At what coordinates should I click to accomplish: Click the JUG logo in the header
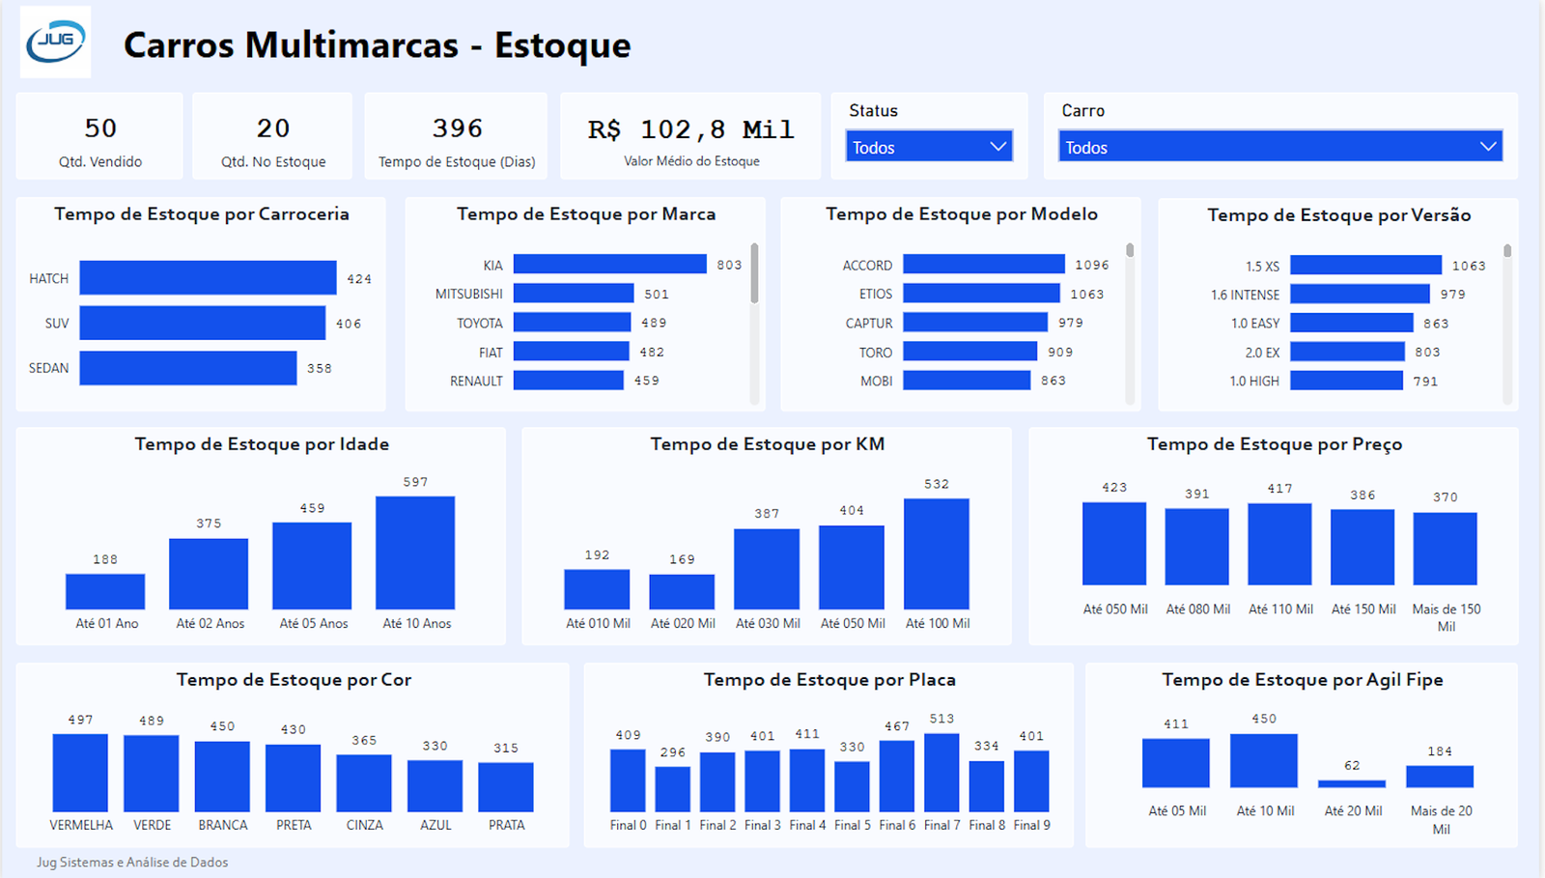(x=56, y=42)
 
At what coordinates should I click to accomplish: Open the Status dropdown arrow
(x=997, y=147)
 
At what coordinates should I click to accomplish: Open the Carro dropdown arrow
(x=1487, y=147)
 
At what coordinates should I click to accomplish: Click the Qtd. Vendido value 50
(x=100, y=128)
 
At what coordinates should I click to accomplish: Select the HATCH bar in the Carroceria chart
(x=208, y=278)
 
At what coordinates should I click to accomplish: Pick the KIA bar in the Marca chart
(x=609, y=265)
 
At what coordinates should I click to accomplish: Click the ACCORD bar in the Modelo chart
(x=983, y=265)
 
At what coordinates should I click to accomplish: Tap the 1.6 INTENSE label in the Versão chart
(x=1245, y=295)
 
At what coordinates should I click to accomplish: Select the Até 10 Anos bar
(x=415, y=552)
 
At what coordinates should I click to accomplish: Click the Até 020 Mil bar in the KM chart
(x=682, y=592)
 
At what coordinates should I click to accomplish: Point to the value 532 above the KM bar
(x=936, y=484)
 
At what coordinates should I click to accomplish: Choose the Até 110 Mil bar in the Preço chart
(x=1279, y=544)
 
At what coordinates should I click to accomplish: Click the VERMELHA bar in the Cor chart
(x=80, y=773)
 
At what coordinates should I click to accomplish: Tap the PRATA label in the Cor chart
(x=506, y=825)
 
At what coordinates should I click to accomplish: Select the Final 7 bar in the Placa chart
(x=941, y=772)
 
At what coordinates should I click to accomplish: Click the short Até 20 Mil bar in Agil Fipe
(x=1352, y=783)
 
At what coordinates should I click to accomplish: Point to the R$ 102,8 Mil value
(x=690, y=129)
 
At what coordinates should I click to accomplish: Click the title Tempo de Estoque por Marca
(x=586, y=214)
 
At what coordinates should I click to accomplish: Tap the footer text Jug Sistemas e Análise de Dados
(x=132, y=862)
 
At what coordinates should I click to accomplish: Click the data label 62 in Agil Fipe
(x=1352, y=765)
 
